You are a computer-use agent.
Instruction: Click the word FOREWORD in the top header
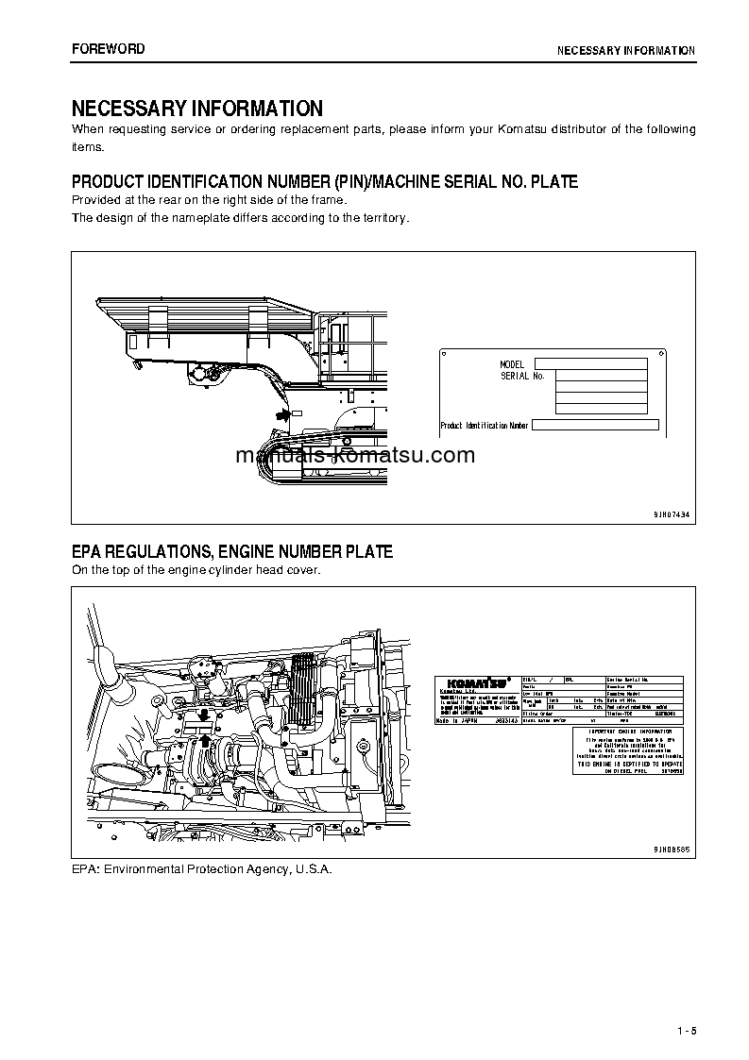(109, 49)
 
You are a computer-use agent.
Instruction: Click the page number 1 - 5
(686, 1030)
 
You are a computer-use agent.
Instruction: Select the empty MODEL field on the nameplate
(590, 363)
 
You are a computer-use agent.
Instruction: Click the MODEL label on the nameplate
(512, 364)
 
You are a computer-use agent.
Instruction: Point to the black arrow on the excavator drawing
(281, 413)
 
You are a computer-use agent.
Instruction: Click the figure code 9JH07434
(672, 513)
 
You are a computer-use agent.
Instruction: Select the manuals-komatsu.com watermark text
(355, 456)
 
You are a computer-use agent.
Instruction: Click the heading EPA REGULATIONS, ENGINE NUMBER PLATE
(232, 552)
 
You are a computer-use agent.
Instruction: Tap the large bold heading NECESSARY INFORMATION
(197, 109)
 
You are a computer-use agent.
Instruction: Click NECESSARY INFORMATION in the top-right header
(625, 50)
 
